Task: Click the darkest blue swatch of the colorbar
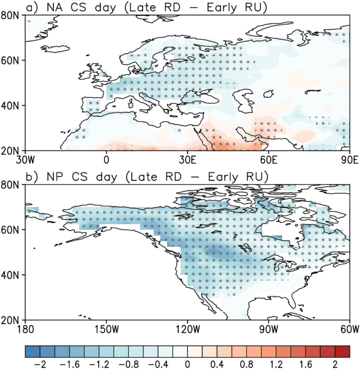31,351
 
